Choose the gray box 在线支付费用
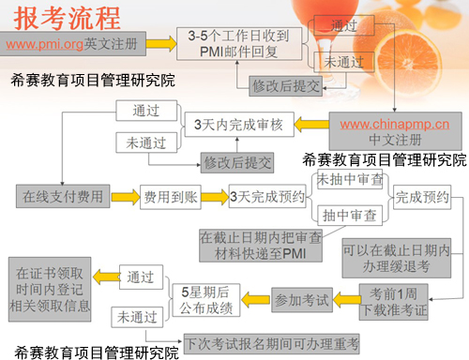coord(59,198)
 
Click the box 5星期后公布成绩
coord(212,300)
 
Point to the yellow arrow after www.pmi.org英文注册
coord(161,42)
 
